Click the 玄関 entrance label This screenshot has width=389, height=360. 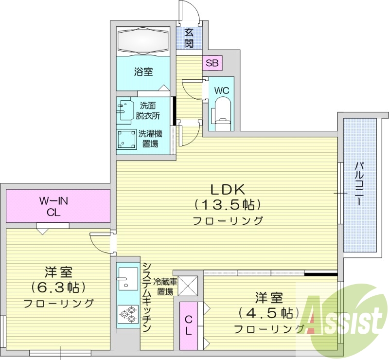189,38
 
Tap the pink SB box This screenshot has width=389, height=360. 212,63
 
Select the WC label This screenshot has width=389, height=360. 222,90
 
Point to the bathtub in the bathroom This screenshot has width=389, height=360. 143,40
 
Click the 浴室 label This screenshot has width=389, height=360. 143,72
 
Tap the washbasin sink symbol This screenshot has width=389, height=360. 125,110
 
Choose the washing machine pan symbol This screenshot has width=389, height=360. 127,140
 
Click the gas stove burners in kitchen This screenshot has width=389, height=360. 127,314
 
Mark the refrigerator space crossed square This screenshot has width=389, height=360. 187,286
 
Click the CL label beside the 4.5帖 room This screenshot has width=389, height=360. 189,326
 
